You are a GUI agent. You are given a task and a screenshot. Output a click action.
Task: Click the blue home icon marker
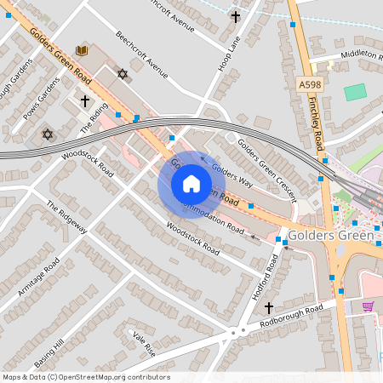pos(191,184)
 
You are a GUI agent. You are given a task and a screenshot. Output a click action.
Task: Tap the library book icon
pos(82,51)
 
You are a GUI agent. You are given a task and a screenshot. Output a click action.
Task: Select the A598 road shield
pos(310,85)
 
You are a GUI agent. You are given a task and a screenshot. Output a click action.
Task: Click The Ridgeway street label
pos(66,217)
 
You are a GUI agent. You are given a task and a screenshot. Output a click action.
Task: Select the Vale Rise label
pos(143,342)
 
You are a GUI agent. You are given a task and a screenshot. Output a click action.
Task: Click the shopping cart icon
pos(369,306)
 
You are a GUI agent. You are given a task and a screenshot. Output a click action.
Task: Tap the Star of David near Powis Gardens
pos(47,134)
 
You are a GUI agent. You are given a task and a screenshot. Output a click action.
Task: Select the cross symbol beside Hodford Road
pos(269,306)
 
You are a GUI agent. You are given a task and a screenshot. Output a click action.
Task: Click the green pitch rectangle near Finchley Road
pos(355,92)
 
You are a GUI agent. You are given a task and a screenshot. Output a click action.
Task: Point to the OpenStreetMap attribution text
pos(85,377)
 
